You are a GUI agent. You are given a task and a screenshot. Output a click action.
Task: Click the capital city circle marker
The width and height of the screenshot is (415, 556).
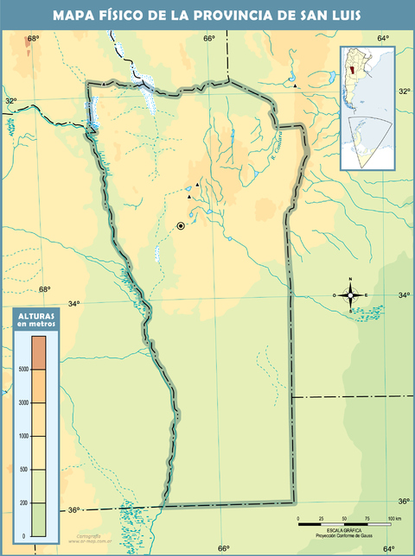click(181, 225)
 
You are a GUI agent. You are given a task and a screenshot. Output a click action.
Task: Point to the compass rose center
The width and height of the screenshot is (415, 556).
click(350, 295)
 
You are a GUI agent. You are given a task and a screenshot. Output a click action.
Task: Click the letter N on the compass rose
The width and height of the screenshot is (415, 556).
click(350, 279)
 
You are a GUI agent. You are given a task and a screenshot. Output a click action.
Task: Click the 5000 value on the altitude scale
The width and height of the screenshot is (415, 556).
click(23, 369)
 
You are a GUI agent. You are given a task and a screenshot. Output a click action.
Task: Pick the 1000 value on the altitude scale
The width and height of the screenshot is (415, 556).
click(23, 436)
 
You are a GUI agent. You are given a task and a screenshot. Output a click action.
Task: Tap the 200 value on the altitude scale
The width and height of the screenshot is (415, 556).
click(24, 502)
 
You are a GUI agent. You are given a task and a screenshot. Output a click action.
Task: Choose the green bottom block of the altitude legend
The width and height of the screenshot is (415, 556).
click(41, 518)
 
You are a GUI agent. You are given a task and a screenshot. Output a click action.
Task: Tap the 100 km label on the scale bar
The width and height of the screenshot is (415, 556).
click(393, 518)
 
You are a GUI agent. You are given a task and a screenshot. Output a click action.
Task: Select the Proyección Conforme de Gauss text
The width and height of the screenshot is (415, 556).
click(344, 534)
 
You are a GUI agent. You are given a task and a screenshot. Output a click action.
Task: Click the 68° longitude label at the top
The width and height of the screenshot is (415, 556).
click(34, 39)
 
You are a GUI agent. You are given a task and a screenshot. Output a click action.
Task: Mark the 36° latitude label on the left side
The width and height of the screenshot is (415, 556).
click(74, 510)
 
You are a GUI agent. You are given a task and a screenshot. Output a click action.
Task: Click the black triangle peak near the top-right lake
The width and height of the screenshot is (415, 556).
click(295, 85)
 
